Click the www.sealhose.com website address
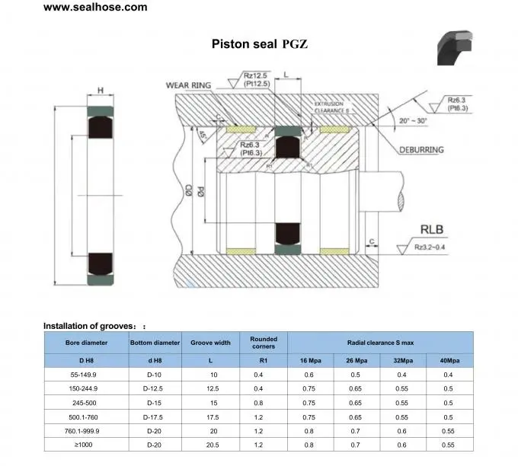pos(95,8)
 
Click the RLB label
pos(432,228)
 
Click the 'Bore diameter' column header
pos(86,343)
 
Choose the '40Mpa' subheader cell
pos(448,359)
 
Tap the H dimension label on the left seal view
pos(101,91)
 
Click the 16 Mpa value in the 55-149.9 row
pos(309,374)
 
